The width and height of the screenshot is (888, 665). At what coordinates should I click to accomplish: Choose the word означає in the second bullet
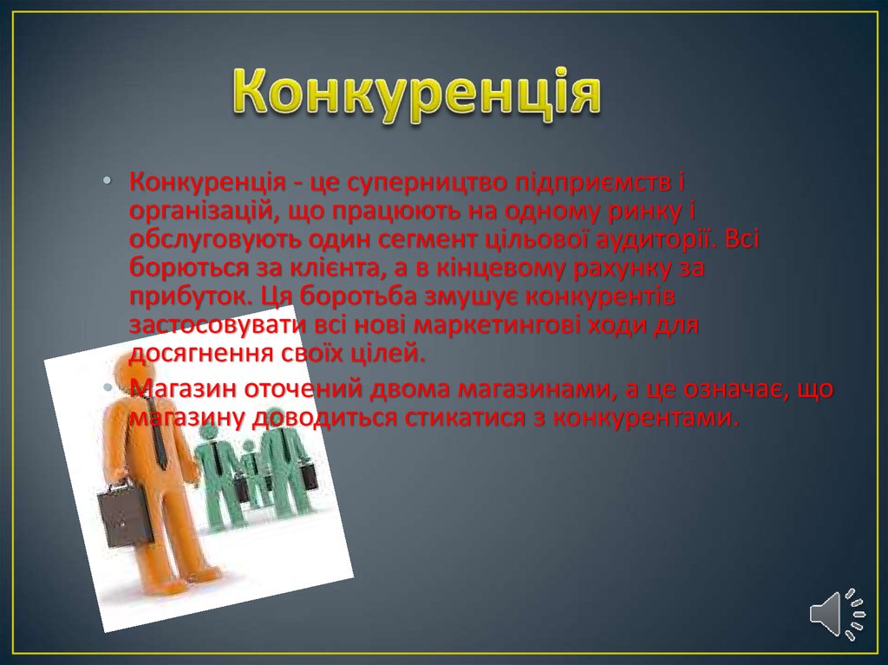(x=733, y=389)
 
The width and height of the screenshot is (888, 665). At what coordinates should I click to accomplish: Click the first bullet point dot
(x=108, y=181)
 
